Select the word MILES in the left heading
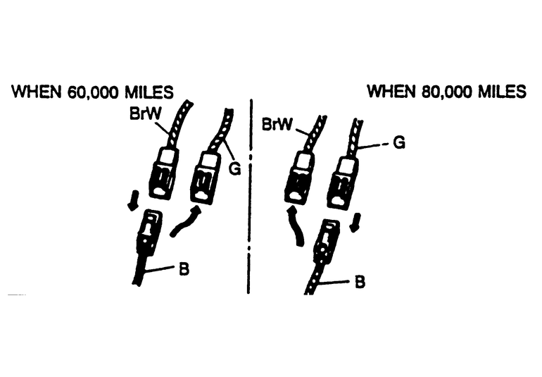coord(149,92)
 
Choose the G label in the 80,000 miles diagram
coord(398,143)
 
